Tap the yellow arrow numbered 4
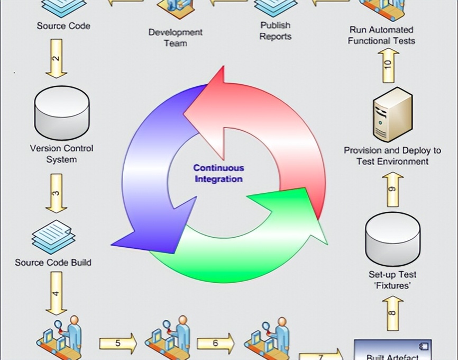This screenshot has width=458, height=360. coord(56,292)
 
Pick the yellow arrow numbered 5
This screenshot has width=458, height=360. coord(117,343)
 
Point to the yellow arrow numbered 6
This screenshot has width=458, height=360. coord(215,343)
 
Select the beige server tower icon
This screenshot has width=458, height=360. coord(392,115)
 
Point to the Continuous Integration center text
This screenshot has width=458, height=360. coord(218,173)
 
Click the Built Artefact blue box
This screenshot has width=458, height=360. coord(392,350)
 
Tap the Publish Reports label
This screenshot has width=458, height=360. coord(276,31)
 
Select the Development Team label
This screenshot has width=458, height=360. coord(175,37)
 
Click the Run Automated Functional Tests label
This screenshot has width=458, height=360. coord(381,35)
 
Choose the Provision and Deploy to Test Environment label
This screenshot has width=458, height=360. coord(392,156)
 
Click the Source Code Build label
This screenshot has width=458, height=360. coord(53,262)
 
